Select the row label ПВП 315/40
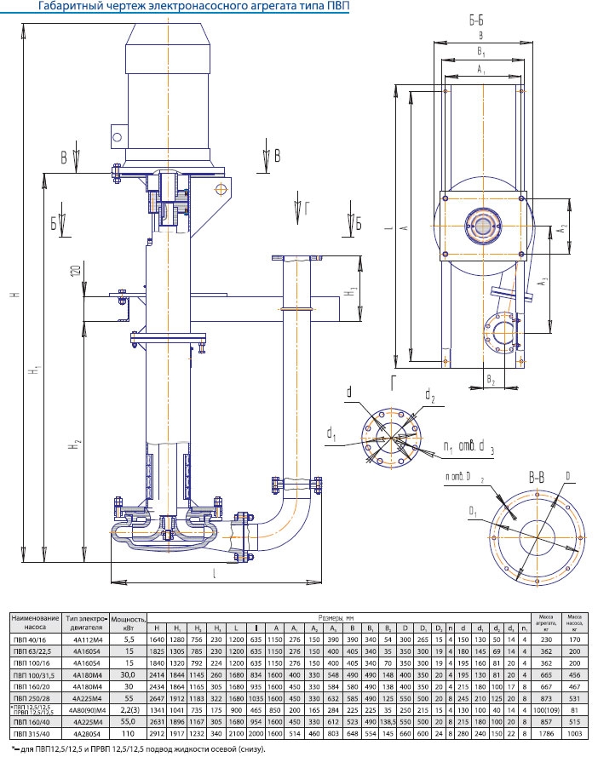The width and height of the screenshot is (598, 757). point(34,731)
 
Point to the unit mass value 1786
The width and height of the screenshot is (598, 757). point(544,731)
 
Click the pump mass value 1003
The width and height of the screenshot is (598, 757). point(576,731)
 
